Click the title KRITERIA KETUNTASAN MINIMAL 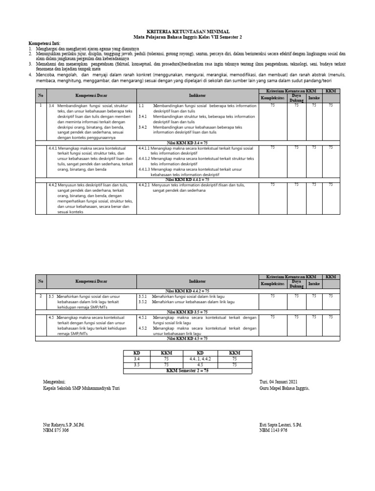click(x=187, y=31)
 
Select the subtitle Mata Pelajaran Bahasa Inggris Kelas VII click(x=187, y=37)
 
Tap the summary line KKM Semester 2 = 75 click(x=187, y=370)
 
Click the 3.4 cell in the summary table click(x=137, y=359)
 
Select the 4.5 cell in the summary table click(x=200, y=365)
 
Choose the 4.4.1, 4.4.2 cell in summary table click(x=200, y=359)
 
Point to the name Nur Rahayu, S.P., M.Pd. click(x=63, y=425)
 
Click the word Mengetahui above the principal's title click(x=54, y=382)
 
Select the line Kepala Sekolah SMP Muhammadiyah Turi click(x=81, y=389)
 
